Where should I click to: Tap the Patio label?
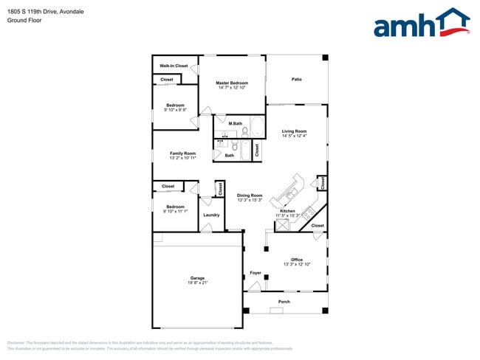tap(297, 79)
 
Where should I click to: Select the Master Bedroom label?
tap(232, 83)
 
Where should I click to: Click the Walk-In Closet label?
tap(174, 66)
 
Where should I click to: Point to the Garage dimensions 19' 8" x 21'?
tap(197, 283)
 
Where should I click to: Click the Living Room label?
tap(294, 131)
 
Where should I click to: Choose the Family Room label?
tap(183, 153)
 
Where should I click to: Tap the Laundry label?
tap(212, 215)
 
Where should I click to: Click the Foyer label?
tap(256, 272)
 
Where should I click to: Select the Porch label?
tap(284, 302)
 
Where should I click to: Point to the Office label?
tap(297, 259)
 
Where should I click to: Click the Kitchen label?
tap(287, 211)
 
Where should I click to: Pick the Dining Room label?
tap(250, 195)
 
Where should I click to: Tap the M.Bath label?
tap(236, 123)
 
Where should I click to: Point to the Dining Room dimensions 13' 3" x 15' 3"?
tap(250, 201)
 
